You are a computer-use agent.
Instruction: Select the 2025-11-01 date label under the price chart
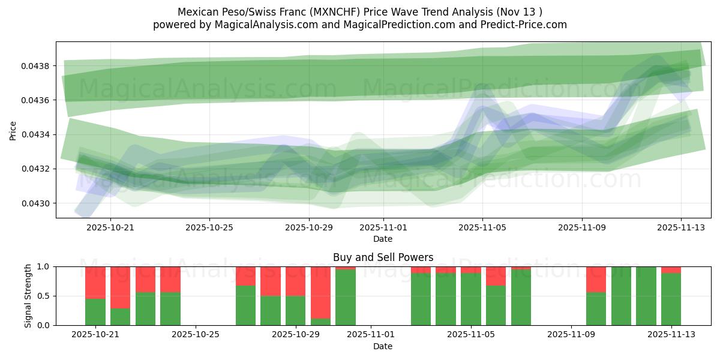383,227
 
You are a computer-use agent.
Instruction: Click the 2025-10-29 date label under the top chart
309,227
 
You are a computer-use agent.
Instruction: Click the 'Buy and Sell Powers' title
383,257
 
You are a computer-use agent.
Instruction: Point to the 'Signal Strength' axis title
28,296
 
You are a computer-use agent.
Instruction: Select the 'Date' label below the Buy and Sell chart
383,346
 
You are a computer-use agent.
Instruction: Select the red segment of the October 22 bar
121,287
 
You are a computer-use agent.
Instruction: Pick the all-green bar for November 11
621,296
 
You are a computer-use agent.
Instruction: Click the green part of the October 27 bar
245,305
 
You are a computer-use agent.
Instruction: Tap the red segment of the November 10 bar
596,279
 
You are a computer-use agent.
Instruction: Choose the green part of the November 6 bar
496,305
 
